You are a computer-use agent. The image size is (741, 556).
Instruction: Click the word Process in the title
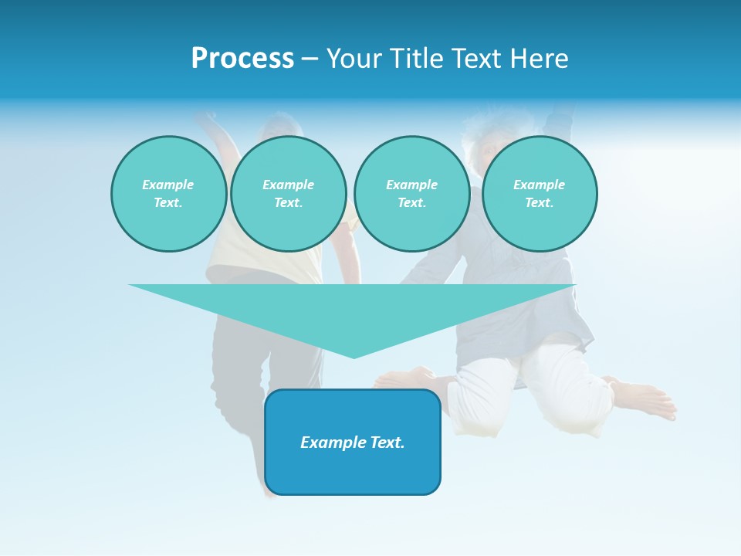[x=242, y=59]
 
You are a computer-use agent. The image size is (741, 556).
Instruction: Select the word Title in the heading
[x=421, y=59]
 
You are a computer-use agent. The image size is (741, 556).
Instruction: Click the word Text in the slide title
[x=480, y=59]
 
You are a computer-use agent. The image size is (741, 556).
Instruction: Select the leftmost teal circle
[x=168, y=194]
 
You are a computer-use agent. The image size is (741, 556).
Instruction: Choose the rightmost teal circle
[x=540, y=194]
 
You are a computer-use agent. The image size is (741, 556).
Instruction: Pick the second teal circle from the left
[x=288, y=194]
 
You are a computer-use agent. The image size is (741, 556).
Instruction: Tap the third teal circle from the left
[x=411, y=194]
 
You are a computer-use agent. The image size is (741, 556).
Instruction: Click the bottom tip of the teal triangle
[x=354, y=357]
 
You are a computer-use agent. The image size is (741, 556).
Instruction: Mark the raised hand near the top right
[x=562, y=116]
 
